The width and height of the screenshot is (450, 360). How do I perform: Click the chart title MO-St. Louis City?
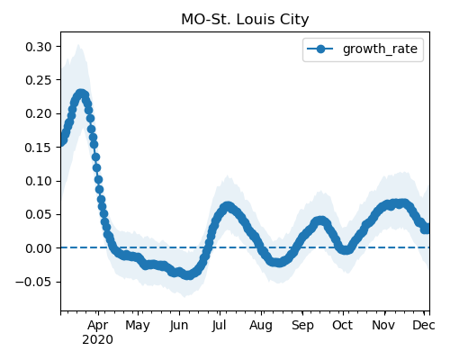pyautogui.click(x=245, y=20)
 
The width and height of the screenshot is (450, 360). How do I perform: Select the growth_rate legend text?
pyautogui.click(x=380, y=49)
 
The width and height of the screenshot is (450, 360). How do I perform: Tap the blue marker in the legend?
pyautogui.click(x=320, y=49)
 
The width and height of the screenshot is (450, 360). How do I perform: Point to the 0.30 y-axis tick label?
pyautogui.click(x=39, y=47)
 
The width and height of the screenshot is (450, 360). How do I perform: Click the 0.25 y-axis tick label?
pyautogui.click(x=39, y=80)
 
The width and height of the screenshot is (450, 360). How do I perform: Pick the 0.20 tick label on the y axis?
pyautogui.click(x=39, y=114)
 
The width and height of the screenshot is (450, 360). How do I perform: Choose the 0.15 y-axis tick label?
pyautogui.click(x=39, y=148)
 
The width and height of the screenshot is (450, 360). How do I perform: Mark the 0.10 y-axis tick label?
pyautogui.click(x=39, y=181)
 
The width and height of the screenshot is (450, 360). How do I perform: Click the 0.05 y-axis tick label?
pyautogui.click(x=39, y=215)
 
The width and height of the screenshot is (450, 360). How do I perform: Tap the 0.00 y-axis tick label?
pyautogui.click(x=39, y=248)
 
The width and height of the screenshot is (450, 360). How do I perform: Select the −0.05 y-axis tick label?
pyautogui.click(x=33, y=282)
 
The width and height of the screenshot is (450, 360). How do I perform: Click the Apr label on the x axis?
pyautogui.click(x=98, y=326)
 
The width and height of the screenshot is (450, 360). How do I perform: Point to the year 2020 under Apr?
pyautogui.click(x=98, y=340)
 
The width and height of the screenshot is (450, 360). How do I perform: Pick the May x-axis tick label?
pyautogui.click(x=138, y=326)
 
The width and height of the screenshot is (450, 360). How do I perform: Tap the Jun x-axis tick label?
pyautogui.click(x=179, y=326)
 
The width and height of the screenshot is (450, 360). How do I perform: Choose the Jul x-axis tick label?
pyautogui.click(x=219, y=326)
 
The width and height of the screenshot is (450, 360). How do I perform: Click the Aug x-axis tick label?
pyautogui.click(x=261, y=326)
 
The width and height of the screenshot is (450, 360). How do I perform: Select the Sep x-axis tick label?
pyautogui.click(x=302, y=326)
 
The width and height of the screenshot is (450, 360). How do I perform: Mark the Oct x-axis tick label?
pyautogui.click(x=342, y=326)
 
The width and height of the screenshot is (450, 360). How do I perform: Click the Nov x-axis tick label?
pyautogui.click(x=383, y=326)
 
